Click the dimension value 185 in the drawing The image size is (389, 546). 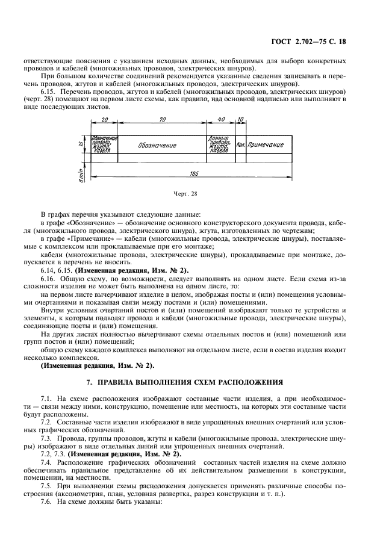point(193,175)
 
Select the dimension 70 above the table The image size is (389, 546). point(163,120)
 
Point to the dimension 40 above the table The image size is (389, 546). point(221,120)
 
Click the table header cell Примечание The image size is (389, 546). point(266,145)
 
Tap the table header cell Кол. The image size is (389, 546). point(240,145)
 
